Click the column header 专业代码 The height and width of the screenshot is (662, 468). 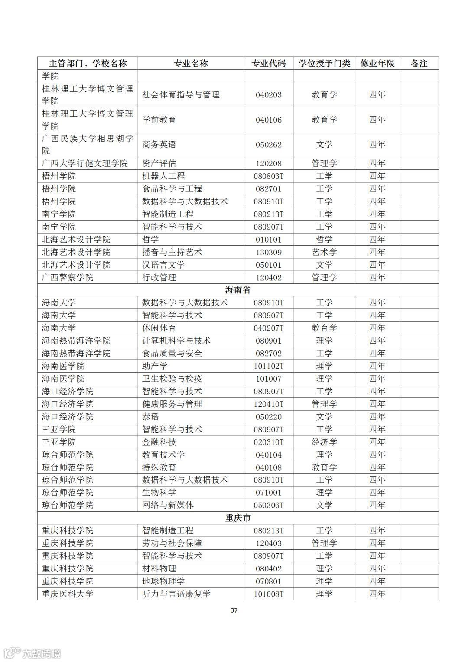[x=269, y=63]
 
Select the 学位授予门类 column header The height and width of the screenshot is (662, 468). [x=324, y=63]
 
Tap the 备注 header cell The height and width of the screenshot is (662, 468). [x=419, y=63]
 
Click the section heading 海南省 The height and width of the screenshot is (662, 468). [x=238, y=290]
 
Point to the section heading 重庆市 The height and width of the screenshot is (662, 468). [x=238, y=518]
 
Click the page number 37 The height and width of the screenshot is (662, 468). [x=234, y=610]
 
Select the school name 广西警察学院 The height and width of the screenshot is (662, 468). [x=68, y=277]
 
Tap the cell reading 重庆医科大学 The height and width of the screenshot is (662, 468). [x=68, y=594]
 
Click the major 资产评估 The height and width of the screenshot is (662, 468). [x=159, y=163]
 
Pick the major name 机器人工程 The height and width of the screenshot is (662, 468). [x=163, y=176]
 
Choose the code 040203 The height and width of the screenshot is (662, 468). [x=269, y=95]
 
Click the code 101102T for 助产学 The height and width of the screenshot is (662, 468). [x=269, y=366]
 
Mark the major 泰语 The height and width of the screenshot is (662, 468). [x=150, y=417]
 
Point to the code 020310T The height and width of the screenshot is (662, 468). [x=269, y=442]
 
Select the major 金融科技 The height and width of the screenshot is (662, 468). [x=159, y=442]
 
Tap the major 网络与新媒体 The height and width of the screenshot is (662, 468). [x=168, y=505]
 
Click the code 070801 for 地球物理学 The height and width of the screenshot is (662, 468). [x=269, y=581]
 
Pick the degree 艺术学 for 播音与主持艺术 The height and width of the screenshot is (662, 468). [x=324, y=252]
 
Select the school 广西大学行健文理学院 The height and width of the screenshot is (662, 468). [x=85, y=163]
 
